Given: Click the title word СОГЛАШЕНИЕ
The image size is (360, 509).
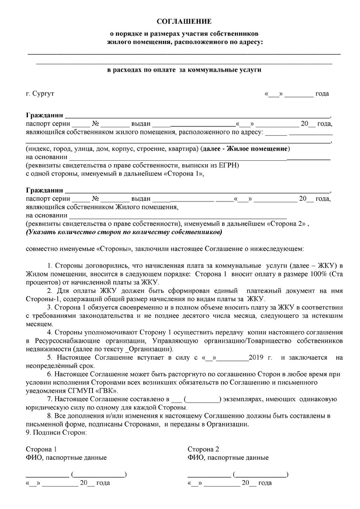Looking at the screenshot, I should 184,21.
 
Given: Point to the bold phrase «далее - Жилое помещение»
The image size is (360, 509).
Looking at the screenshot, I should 246,149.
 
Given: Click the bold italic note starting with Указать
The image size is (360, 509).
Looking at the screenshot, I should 123,232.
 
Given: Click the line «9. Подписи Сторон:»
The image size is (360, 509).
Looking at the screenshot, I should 56,433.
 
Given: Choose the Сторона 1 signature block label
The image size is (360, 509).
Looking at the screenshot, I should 42,449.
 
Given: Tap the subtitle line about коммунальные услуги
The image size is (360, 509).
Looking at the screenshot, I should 184,70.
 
